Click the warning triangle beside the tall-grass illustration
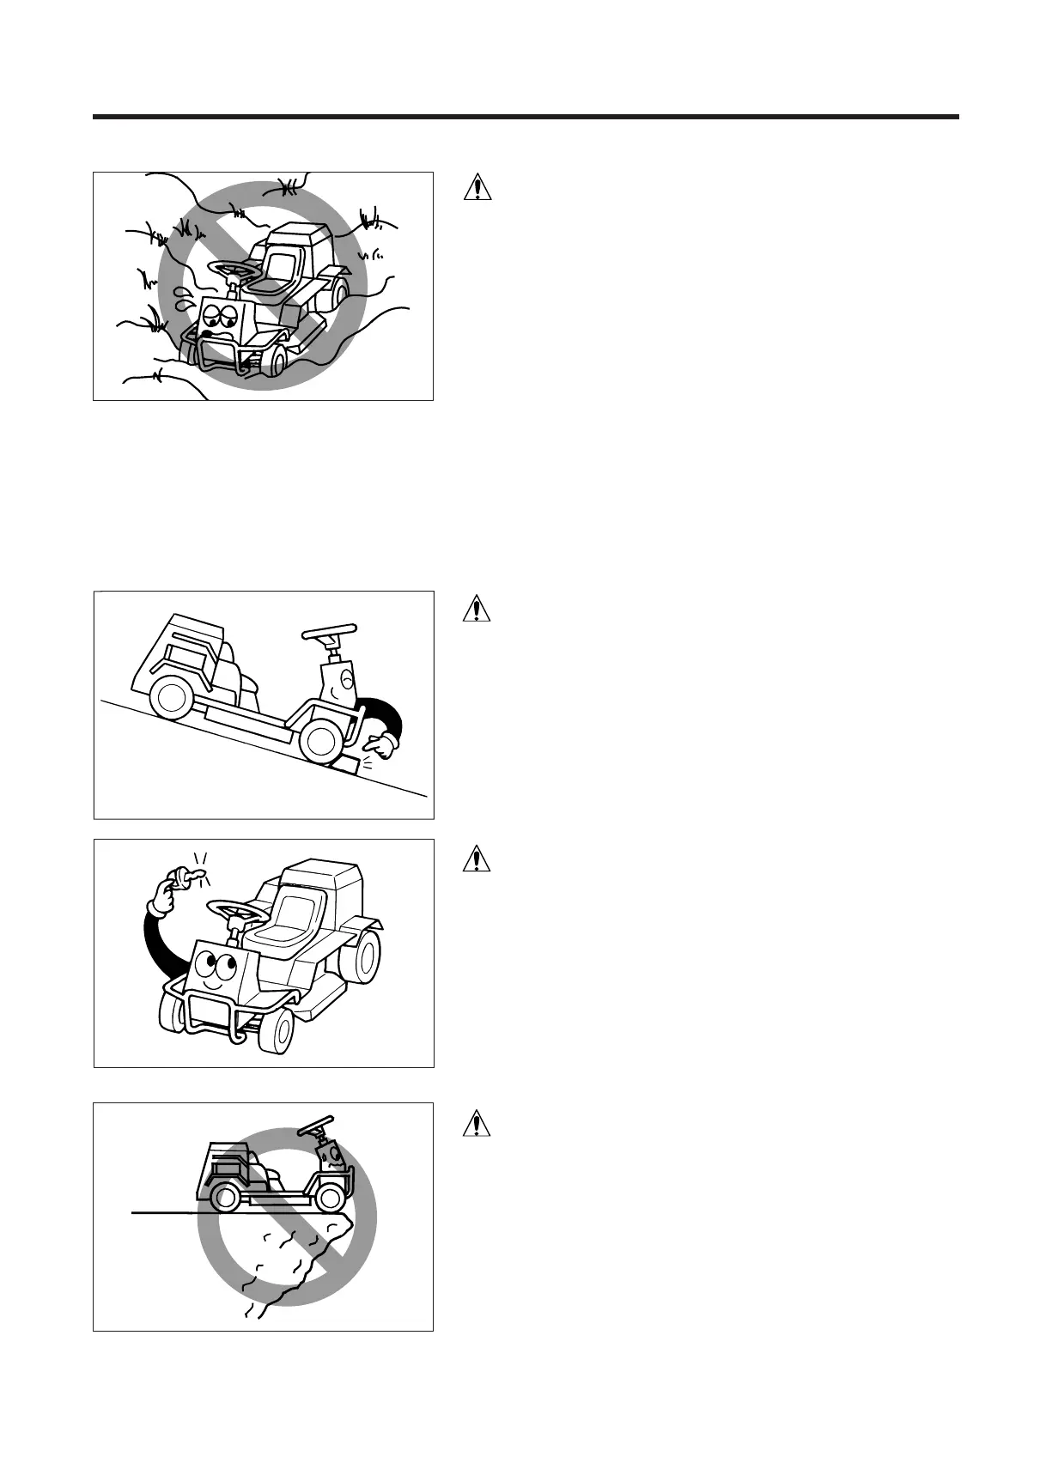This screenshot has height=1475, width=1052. (477, 187)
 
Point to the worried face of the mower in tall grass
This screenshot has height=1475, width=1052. (222, 319)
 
